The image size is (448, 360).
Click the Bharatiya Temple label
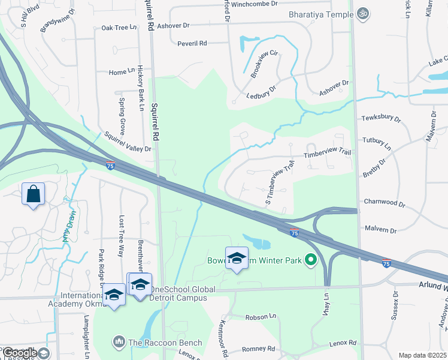[x=322, y=13]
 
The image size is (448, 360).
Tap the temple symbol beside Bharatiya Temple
[x=362, y=13]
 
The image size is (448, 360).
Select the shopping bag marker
[x=33, y=194]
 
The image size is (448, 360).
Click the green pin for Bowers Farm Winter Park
[x=310, y=260]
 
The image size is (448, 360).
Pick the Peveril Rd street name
[x=192, y=43]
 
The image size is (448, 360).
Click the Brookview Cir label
[x=265, y=62]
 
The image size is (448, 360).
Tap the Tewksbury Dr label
[x=380, y=118]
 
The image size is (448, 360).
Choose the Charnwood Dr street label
[x=385, y=204]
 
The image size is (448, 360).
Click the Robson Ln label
[x=260, y=316]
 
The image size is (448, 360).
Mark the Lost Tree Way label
[x=122, y=236]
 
